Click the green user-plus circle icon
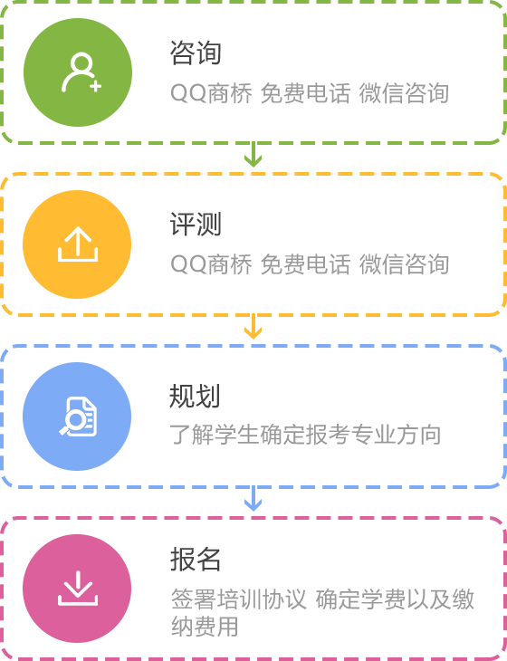pyautogui.click(x=78, y=72)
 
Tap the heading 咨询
pyautogui.click(x=196, y=53)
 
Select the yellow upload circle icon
pyautogui.click(x=77, y=244)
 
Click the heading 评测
pyautogui.click(x=196, y=225)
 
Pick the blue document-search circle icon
pyautogui.click(x=77, y=417)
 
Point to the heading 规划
pyautogui.click(x=195, y=397)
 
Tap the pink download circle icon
pyautogui.click(x=77, y=589)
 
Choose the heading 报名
pyautogui.click(x=196, y=560)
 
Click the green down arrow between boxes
pyautogui.click(x=253, y=155)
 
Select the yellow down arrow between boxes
pyautogui.click(x=253, y=327)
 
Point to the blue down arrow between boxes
pyautogui.click(x=253, y=499)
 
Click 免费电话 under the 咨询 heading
pyautogui.click(x=305, y=93)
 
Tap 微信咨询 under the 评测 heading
pyautogui.click(x=404, y=264)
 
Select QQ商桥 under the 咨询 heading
pyautogui.click(x=211, y=93)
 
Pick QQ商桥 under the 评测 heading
pyautogui.click(x=211, y=264)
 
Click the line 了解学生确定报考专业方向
pyautogui.click(x=305, y=435)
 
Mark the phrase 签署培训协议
pyautogui.click(x=238, y=599)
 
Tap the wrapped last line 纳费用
pyautogui.click(x=205, y=627)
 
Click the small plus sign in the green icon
pyautogui.click(x=96, y=86)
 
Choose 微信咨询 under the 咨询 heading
pyautogui.click(x=404, y=93)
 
